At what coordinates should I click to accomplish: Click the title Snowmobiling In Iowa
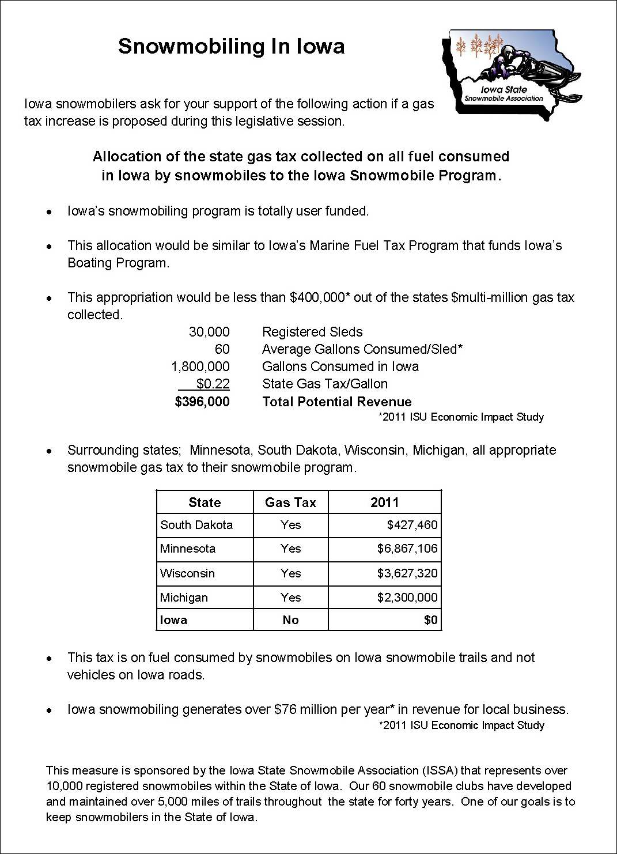[x=231, y=46]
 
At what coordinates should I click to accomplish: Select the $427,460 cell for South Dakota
[x=412, y=525]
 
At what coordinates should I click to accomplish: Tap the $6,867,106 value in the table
[x=407, y=549]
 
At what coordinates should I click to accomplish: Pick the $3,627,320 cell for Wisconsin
[x=407, y=573]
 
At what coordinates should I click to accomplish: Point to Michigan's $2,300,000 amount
[x=407, y=598]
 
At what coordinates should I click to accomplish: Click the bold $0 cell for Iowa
[x=430, y=620]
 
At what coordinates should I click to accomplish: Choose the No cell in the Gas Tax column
[x=290, y=620]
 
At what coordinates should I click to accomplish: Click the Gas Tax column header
[x=290, y=502]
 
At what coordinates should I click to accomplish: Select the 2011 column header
[x=384, y=502]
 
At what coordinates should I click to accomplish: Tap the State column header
[x=205, y=502]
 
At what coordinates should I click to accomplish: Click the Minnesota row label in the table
[x=188, y=549]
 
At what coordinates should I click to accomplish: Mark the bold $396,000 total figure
[x=202, y=402]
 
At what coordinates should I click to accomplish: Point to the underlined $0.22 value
[x=213, y=384]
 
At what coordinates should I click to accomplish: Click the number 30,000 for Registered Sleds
[x=209, y=332]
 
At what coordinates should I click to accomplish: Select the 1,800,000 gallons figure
[x=200, y=366]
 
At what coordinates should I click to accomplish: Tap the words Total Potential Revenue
[x=337, y=402]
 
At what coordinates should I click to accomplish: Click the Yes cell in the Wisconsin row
[x=290, y=573]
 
